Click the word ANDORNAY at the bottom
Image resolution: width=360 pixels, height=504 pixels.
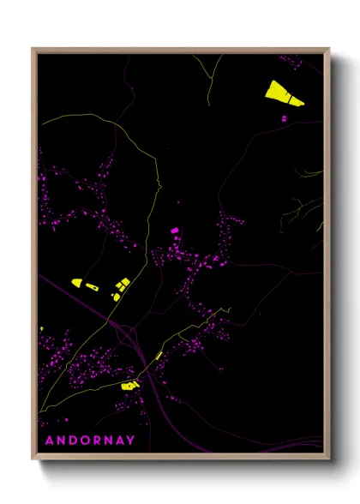pyautogui.click(x=90, y=441)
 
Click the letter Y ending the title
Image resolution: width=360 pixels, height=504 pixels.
pyautogui.click(x=131, y=441)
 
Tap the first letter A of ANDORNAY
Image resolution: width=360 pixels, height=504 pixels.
pyautogui.click(x=48, y=441)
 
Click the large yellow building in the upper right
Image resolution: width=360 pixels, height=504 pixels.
pyautogui.click(x=284, y=93)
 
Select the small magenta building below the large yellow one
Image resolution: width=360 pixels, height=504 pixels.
pyautogui.click(x=284, y=118)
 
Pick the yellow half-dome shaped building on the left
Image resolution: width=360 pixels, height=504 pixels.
pyautogui.click(x=76, y=282)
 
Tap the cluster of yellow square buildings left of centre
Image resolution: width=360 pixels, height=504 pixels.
pyautogui.click(x=120, y=287)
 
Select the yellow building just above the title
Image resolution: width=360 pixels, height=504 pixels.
pyautogui.click(x=129, y=386)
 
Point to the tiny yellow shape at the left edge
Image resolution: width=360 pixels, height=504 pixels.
pyautogui.click(x=41, y=328)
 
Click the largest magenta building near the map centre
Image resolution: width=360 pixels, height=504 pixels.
pyautogui.click(x=174, y=231)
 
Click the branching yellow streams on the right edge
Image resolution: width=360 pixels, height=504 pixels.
pyautogui.click(x=309, y=206)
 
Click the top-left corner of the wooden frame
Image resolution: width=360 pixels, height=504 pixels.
pyautogui.click(x=33, y=49)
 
